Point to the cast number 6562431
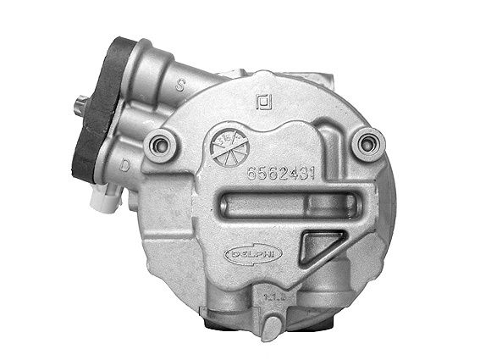[281, 174]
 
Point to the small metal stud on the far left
[79, 105]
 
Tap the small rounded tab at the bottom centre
[271, 327]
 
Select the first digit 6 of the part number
[251, 174]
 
